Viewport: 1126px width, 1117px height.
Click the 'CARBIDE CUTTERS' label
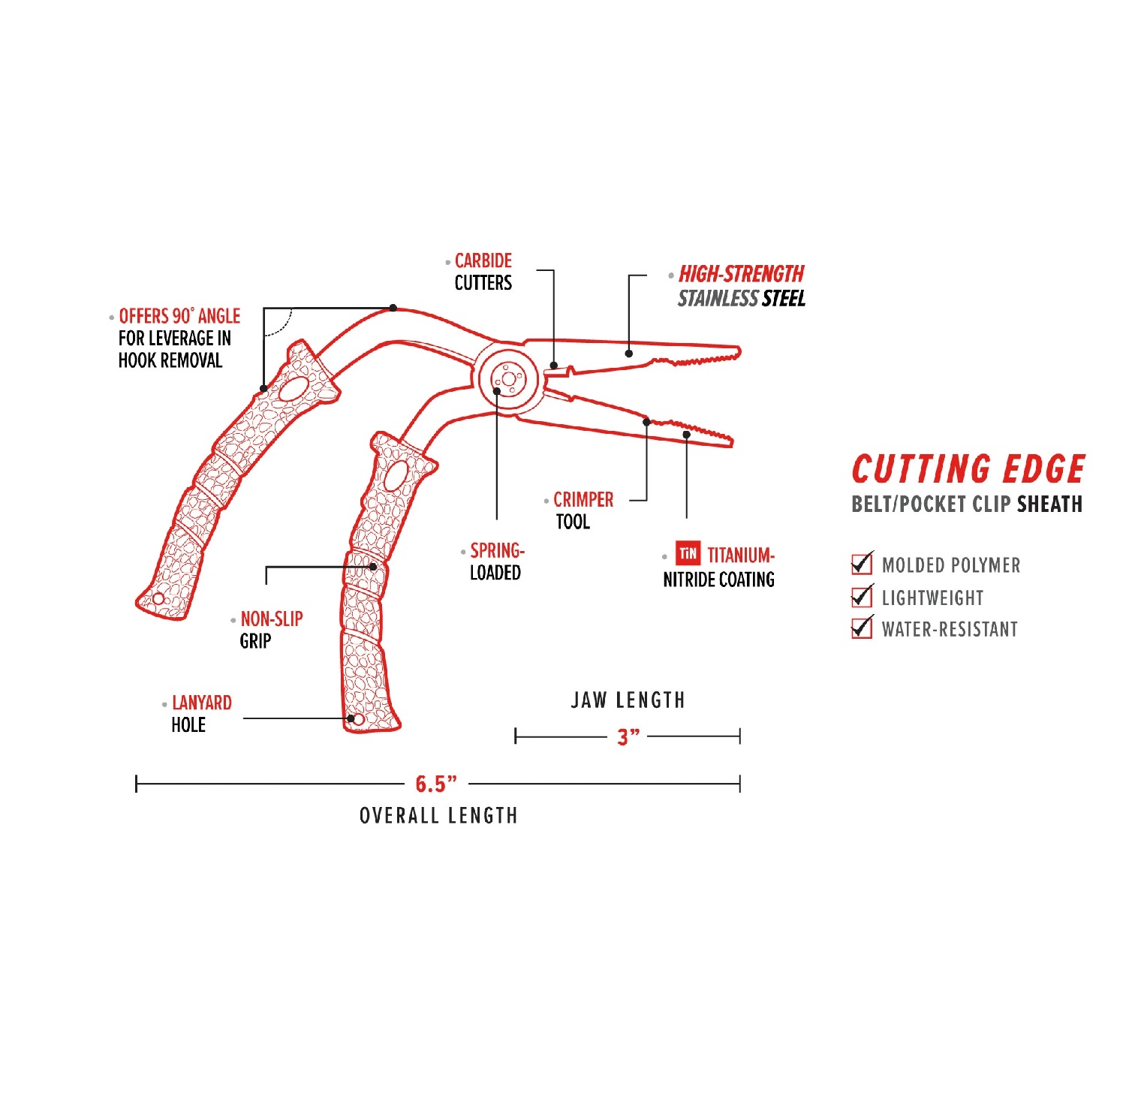point(483,272)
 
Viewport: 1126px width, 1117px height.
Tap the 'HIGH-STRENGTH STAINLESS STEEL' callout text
point(741,286)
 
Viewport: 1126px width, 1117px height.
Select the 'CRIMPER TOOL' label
point(583,510)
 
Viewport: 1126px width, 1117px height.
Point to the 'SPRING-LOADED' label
point(496,562)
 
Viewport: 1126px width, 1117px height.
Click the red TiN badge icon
point(688,554)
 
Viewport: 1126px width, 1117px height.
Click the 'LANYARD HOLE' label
point(201,714)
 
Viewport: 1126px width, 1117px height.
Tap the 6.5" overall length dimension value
point(436,784)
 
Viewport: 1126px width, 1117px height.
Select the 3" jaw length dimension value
point(628,737)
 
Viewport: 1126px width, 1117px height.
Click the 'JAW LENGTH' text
point(628,700)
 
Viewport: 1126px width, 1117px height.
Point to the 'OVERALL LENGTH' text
point(438,816)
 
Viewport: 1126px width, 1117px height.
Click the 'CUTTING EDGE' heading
point(968,470)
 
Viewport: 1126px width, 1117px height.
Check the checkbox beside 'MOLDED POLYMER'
point(862,564)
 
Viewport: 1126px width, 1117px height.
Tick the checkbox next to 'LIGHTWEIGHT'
point(862,597)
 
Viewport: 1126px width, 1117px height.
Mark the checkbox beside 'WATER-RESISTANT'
point(862,628)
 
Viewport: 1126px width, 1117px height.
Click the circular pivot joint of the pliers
point(508,380)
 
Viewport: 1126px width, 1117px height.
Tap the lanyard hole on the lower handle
point(359,721)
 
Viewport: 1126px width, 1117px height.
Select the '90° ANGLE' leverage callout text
point(179,338)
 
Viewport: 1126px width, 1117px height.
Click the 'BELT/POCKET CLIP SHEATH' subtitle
point(967,504)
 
